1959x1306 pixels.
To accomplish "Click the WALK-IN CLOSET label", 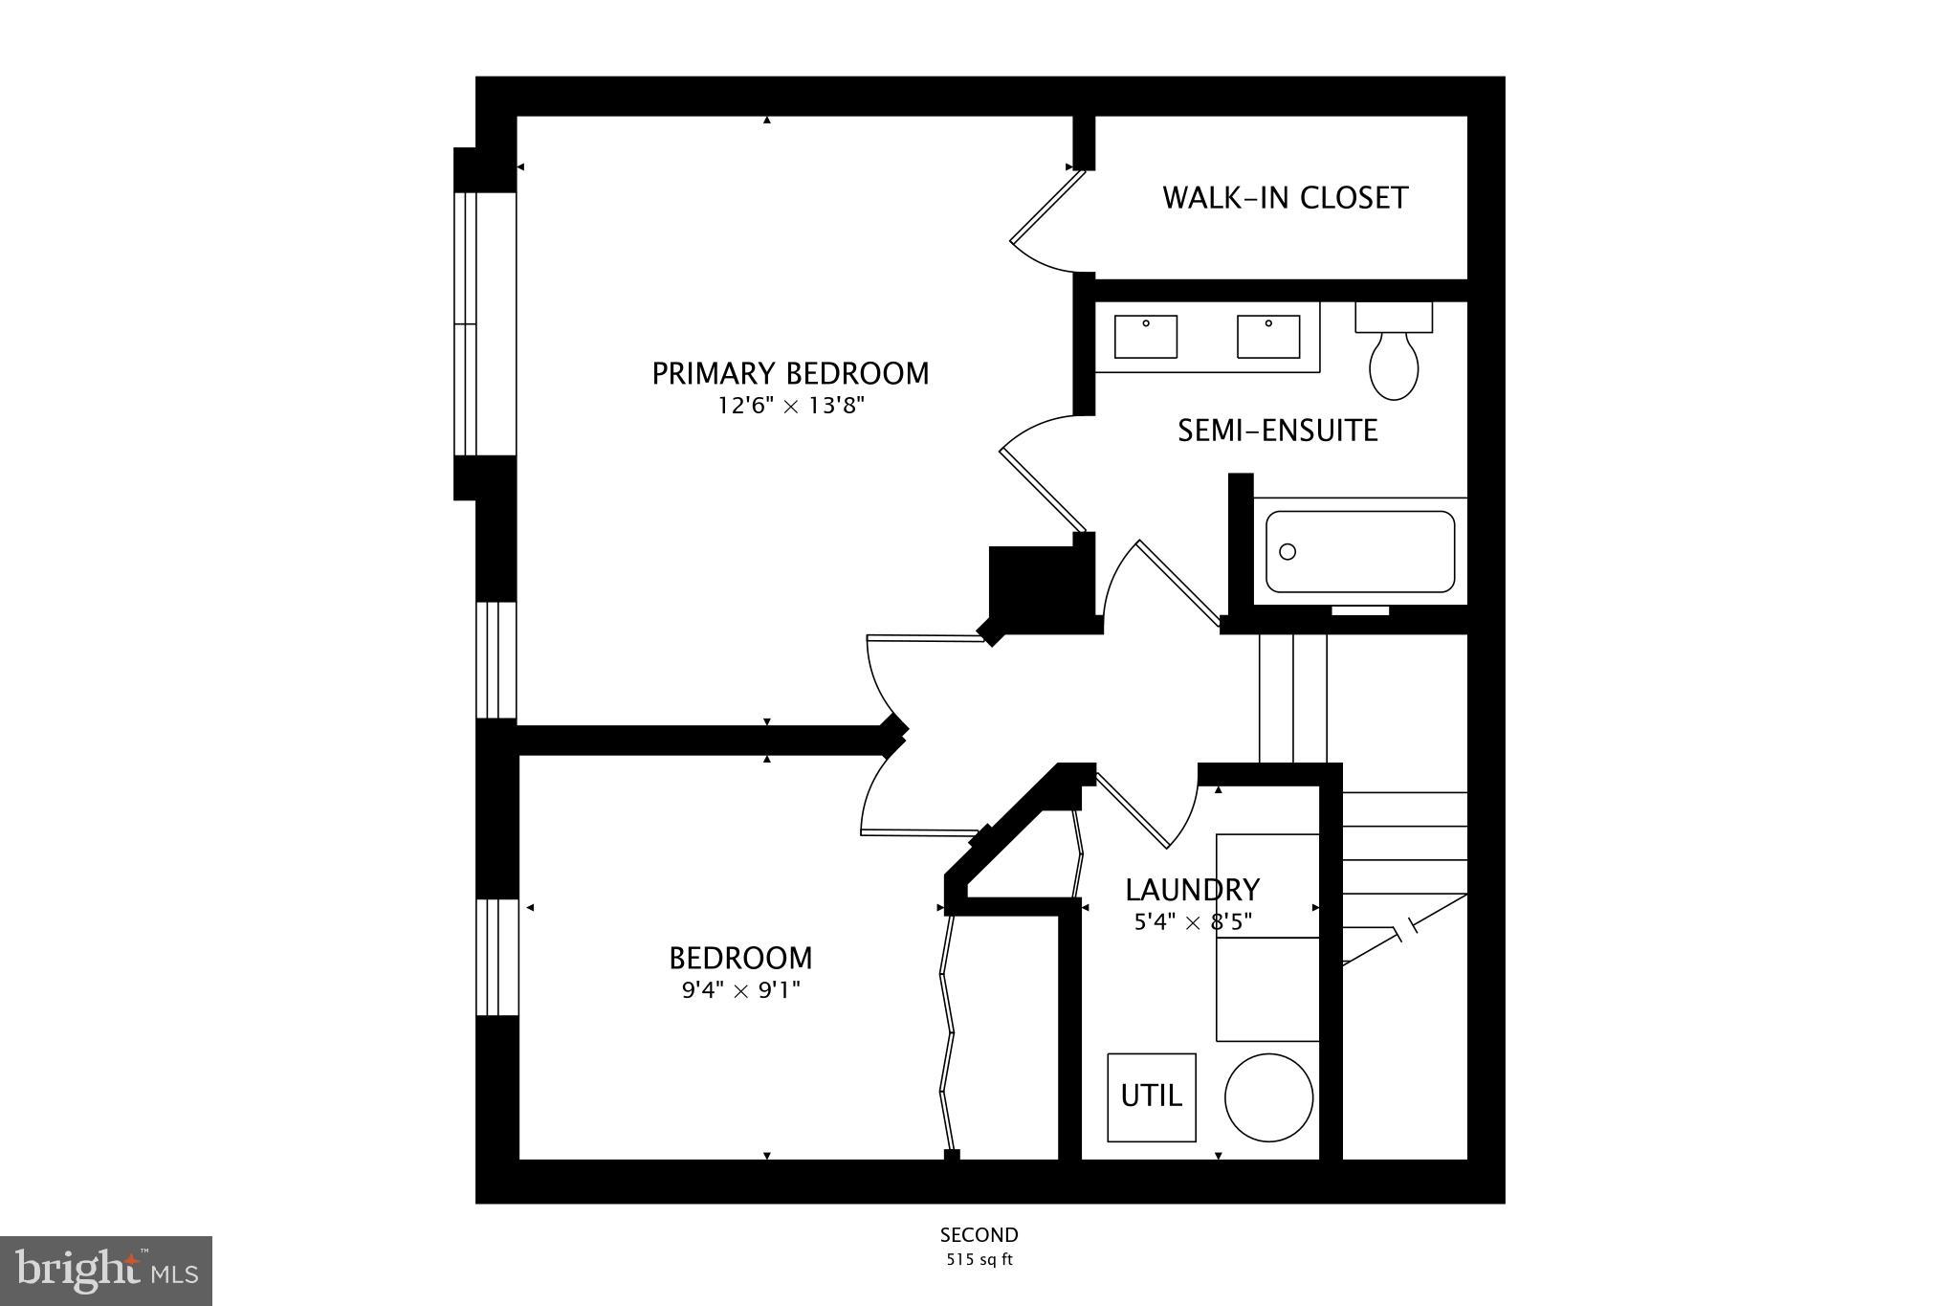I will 1285,198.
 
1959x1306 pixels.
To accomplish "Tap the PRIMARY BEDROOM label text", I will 790,373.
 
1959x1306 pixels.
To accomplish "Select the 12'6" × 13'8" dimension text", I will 790,406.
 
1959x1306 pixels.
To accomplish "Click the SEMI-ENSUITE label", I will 1277,431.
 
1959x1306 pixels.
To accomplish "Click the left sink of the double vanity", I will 1145,337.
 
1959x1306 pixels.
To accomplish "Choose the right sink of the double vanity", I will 1268,337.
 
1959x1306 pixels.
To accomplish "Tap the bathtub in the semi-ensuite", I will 1359,551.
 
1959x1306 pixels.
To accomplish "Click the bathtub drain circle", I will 1288,551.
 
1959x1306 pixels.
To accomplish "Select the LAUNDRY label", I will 1192,890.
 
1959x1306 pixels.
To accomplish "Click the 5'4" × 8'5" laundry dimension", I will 1192,922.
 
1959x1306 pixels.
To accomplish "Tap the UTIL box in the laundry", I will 1151,1096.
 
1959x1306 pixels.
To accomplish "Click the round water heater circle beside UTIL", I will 1268,1097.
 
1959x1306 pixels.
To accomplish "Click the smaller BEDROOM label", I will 740,958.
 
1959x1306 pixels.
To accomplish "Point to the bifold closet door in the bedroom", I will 948,1033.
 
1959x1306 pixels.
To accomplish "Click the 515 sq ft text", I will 979,1260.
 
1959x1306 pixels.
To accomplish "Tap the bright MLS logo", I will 106,1271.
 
